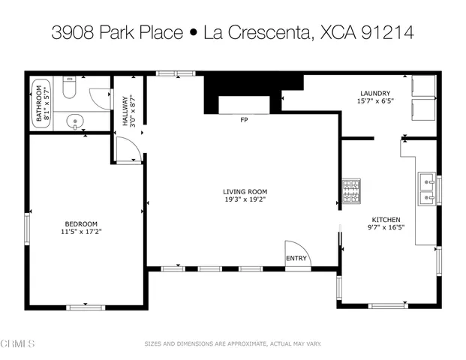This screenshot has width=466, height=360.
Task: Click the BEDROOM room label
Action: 81,223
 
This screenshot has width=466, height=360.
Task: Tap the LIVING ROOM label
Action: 244,191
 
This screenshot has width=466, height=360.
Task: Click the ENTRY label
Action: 296,259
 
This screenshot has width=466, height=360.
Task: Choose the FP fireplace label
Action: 244,120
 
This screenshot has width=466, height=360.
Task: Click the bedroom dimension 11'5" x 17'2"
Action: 81,232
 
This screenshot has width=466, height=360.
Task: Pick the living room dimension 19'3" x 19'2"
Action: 244,199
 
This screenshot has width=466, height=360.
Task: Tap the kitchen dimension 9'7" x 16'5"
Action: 386,226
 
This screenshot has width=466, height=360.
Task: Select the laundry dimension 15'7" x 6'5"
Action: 375,101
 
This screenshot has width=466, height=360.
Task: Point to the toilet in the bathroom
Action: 68,91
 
